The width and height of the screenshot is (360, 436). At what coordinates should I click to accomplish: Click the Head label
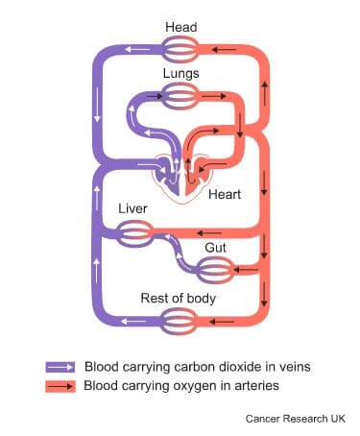[180, 26]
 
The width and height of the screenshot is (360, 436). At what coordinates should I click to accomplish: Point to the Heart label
[226, 194]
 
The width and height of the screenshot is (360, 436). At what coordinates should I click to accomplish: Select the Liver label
[132, 208]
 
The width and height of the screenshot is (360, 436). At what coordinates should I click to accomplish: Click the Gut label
[215, 248]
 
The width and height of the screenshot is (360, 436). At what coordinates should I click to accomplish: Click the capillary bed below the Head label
[180, 48]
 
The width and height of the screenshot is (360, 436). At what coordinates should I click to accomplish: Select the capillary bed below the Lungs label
[180, 93]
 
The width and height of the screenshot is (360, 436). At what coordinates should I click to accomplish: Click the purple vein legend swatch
[60, 367]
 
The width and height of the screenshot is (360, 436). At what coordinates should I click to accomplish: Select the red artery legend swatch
[60, 386]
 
